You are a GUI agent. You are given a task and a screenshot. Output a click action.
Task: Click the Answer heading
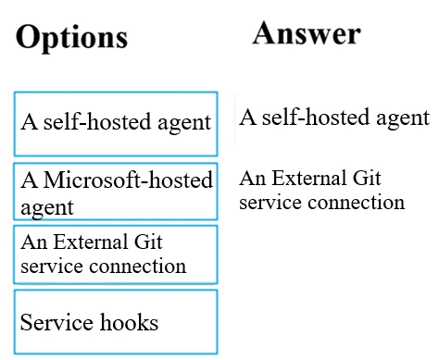(x=306, y=33)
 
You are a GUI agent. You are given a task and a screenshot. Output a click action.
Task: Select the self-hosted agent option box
(x=116, y=122)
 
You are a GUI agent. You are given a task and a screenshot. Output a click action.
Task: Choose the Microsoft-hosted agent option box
(x=116, y=192)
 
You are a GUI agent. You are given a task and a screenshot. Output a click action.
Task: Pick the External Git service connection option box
(x=116, y=254)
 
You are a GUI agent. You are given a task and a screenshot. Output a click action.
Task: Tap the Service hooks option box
(x=116, y=322)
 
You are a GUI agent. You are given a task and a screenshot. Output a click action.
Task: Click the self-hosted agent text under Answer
(x=333, y=118)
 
